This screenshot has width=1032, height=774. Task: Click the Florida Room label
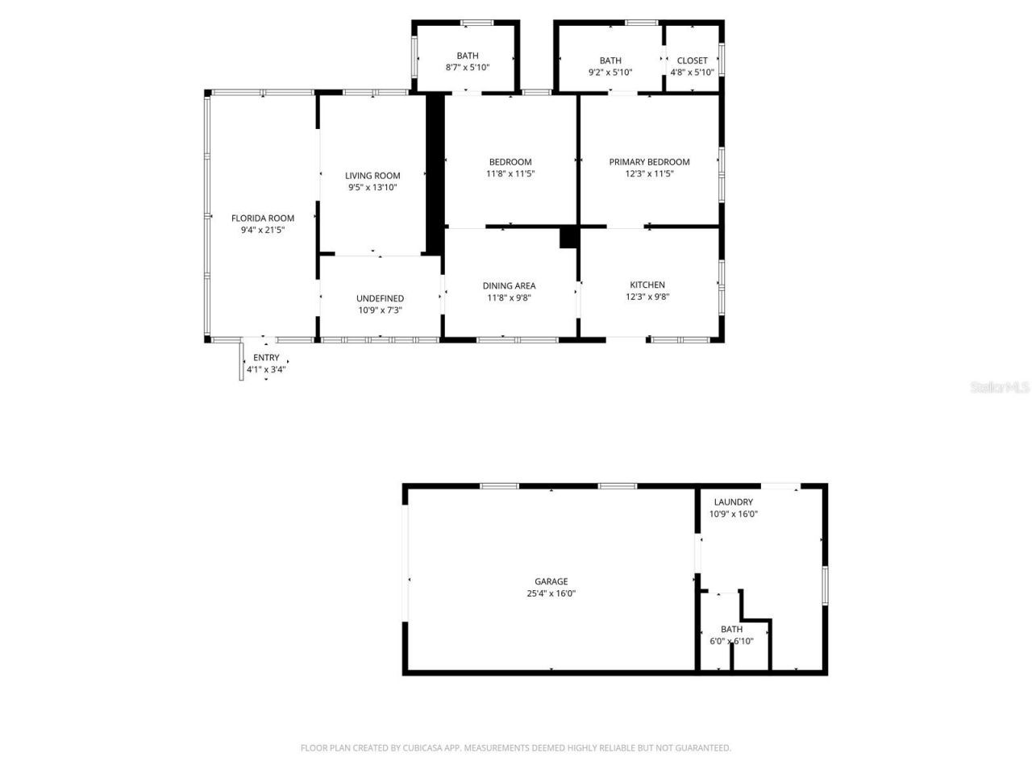click(x=263, y=218)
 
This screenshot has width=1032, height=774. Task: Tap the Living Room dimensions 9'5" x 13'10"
click(x=372, y=188)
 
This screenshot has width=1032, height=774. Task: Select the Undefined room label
click(x=380, y=298)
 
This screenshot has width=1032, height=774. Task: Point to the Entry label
click(x=266, y=358)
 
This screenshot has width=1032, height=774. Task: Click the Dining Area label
click(x=509, y=285)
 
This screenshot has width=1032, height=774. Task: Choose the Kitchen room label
click(x=647, y=285)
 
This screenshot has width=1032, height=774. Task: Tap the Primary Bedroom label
click(x=649, y=162)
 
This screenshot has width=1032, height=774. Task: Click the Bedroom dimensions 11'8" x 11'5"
click(x=510, y=174)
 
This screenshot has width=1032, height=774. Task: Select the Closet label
click(x=692, y=60)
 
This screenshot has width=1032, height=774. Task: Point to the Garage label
click(x=551, y=581)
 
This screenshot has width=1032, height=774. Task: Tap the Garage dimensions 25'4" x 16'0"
click(x=551, y=594)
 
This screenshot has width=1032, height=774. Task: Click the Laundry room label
click(x=733, y=501)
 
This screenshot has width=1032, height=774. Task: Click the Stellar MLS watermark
click(x=1000, y=387)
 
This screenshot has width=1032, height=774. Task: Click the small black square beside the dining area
click(x=569, y=237)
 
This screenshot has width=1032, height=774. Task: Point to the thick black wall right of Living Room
click(x=435, y=173)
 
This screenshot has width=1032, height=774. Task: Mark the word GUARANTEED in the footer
click(x=702, y=748)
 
